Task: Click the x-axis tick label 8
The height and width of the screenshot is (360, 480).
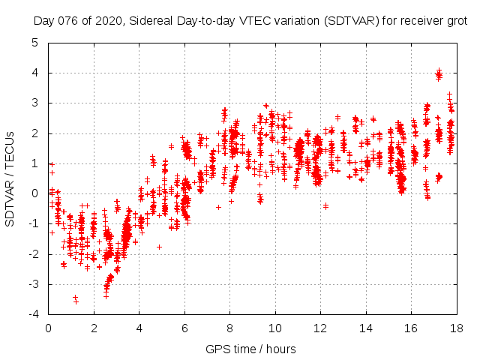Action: tap(230, 328)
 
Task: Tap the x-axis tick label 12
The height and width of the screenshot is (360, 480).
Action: tap(321, 328)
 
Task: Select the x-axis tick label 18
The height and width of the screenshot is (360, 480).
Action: tap(457, 328)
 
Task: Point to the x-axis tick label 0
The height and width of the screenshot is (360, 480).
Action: tap(49, 328)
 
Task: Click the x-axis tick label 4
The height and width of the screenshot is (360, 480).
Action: tap(139, 328)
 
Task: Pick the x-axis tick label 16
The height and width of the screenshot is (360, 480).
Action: tap(411, 328)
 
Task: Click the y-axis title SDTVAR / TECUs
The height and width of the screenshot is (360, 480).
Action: tap(10, 178)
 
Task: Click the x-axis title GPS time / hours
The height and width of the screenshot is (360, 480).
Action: tap(252, 349)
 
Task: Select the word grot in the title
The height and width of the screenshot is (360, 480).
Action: tap(456, 22)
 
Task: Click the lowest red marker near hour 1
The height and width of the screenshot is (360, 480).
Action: tap(76, 301)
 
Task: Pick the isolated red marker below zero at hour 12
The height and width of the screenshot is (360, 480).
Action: tap(325, 205)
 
